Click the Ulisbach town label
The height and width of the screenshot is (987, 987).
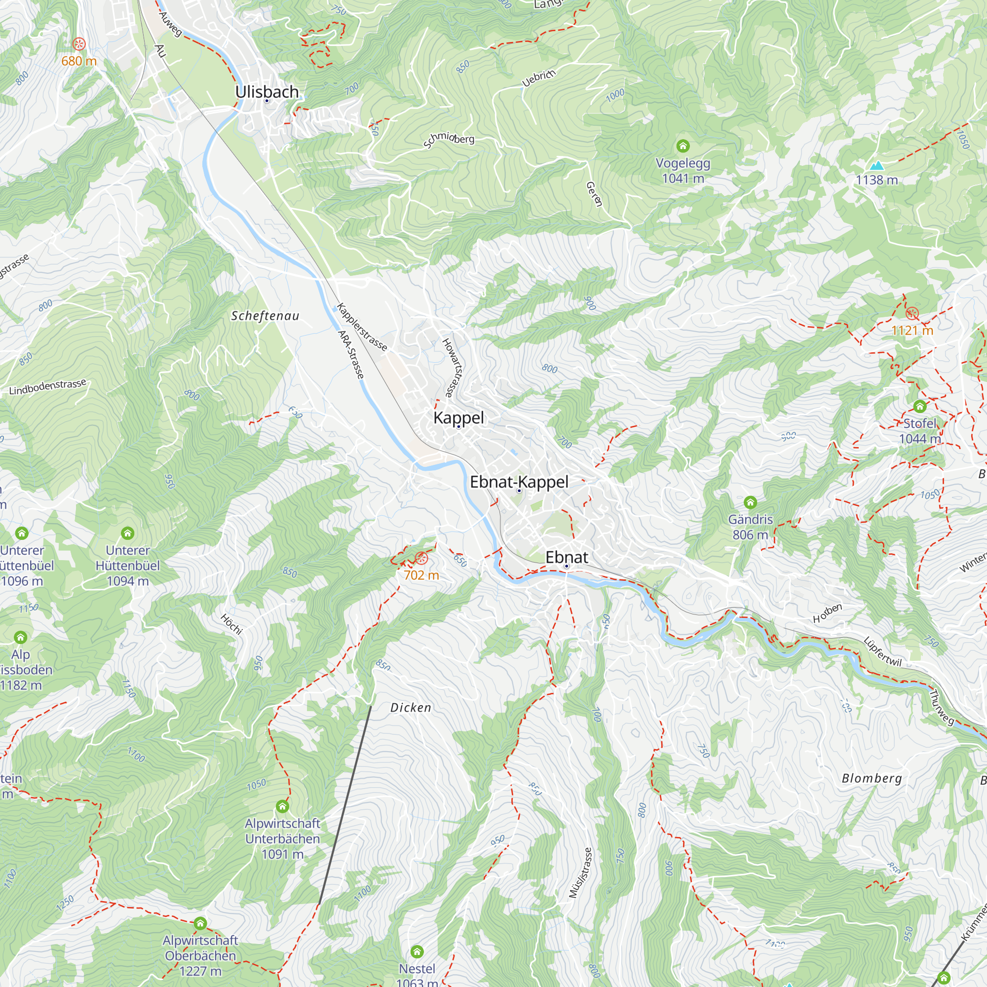(x=266, y=92)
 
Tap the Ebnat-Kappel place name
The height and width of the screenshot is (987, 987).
(x=519, y=482)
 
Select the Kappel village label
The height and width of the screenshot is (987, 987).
(x=458, y=418)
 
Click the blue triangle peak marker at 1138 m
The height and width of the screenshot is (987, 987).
(x=876, y=165)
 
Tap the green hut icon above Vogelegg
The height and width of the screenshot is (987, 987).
(x=683, y=146)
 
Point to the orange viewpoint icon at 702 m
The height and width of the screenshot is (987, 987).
(x=421, y=558)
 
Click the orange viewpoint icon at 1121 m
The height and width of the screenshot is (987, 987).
(x=912, y=313)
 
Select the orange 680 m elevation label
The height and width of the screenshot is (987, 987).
(x=78, y=61)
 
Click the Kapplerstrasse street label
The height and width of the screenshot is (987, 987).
(x=362, y=327)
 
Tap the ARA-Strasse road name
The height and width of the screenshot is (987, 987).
(x=351, y=354)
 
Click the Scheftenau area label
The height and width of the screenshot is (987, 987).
(x=265, y=316)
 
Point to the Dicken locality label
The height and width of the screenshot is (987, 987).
(x=411, y=708)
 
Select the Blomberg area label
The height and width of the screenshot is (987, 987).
(x=872, y=778)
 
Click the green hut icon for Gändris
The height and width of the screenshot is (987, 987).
(x=750, y=502)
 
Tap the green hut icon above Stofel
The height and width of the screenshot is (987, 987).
(x=919, y=406)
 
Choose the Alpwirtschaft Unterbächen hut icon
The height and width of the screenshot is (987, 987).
(x=282, y=807)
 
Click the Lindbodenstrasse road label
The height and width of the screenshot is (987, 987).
(x=47, y=387)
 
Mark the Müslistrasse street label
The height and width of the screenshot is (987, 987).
(x=580, y=873)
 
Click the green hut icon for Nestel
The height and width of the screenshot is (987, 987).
(x=417, y=951)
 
